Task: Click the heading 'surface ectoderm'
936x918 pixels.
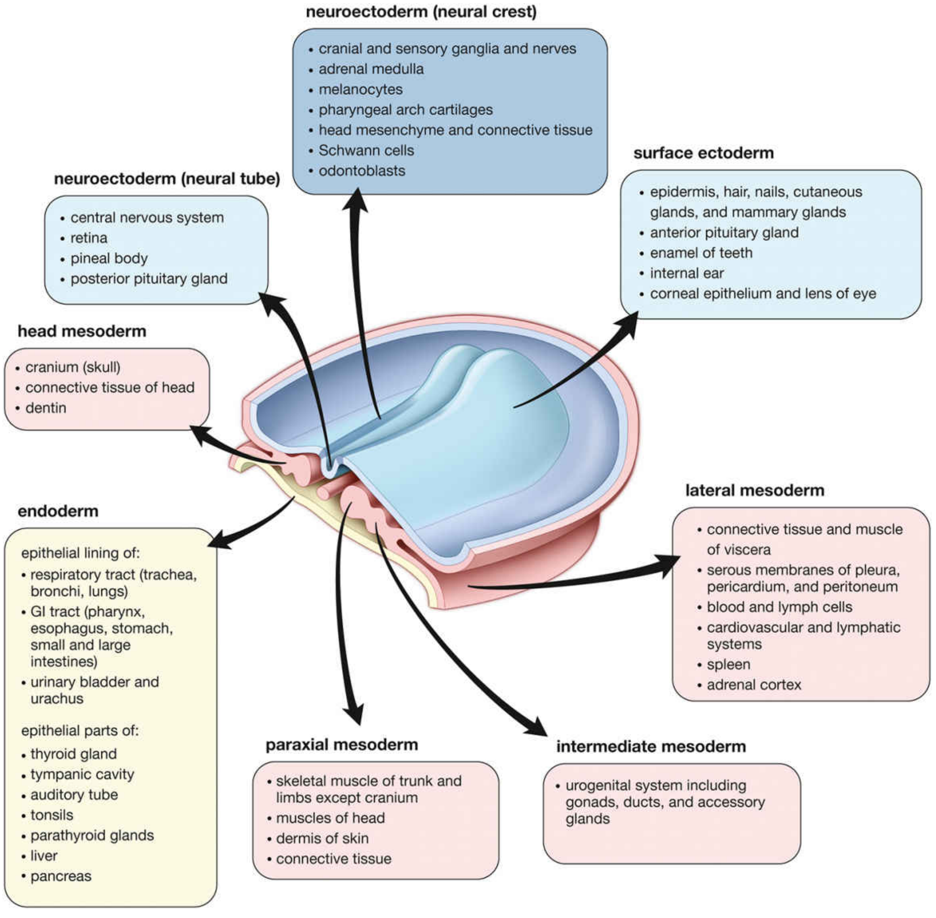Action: point(703,153)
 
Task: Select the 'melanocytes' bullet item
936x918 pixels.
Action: point(360,90)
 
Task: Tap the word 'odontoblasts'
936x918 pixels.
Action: point(362,171)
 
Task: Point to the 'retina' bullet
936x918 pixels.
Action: point(89,238)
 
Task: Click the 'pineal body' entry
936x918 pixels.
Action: point(109,258)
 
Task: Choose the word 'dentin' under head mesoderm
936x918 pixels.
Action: point(46,408)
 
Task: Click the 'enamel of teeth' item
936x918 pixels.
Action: point(701,253)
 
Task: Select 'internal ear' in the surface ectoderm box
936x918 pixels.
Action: point(686,273)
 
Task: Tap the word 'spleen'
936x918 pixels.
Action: point(728,664)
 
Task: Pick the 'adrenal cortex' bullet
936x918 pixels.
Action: point(754,685)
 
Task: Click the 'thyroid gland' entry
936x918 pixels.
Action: point(73,754)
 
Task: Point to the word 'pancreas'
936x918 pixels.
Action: point(61,876)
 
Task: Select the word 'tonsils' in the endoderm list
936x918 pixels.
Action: point(52,815)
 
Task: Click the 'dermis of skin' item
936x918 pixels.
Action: point(322,839)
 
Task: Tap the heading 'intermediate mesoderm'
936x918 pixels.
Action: point(651,747)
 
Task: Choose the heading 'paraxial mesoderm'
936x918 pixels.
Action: point(342,745)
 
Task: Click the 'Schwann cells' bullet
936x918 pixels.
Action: point(366,151)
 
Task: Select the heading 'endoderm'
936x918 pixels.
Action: point(58,512)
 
